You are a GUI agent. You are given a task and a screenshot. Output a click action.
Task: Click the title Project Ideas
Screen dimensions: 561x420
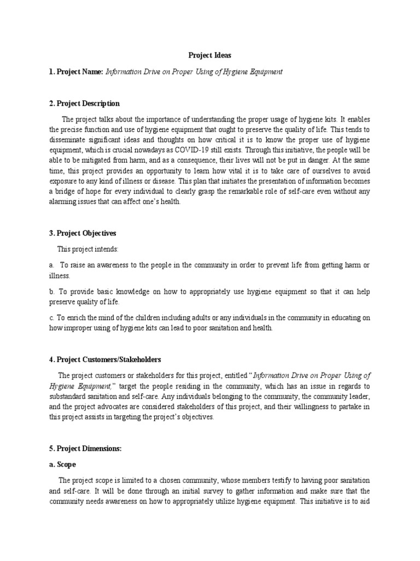[x=209, y=55]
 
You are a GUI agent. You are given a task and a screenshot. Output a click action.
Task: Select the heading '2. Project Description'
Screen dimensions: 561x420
[x=84, y=104]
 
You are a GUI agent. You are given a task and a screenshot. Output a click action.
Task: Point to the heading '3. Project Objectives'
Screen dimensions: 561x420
[x=82, y=233]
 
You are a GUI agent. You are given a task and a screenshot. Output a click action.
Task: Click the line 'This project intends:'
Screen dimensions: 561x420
[x=87, y=249]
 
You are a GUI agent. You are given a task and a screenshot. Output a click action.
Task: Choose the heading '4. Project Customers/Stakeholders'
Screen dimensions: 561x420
[x=104, y=360]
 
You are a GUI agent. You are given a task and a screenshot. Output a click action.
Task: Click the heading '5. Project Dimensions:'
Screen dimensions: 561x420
[x=85, y=448]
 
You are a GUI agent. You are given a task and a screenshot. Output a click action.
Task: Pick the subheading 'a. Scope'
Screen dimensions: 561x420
[x=63, y=464]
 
